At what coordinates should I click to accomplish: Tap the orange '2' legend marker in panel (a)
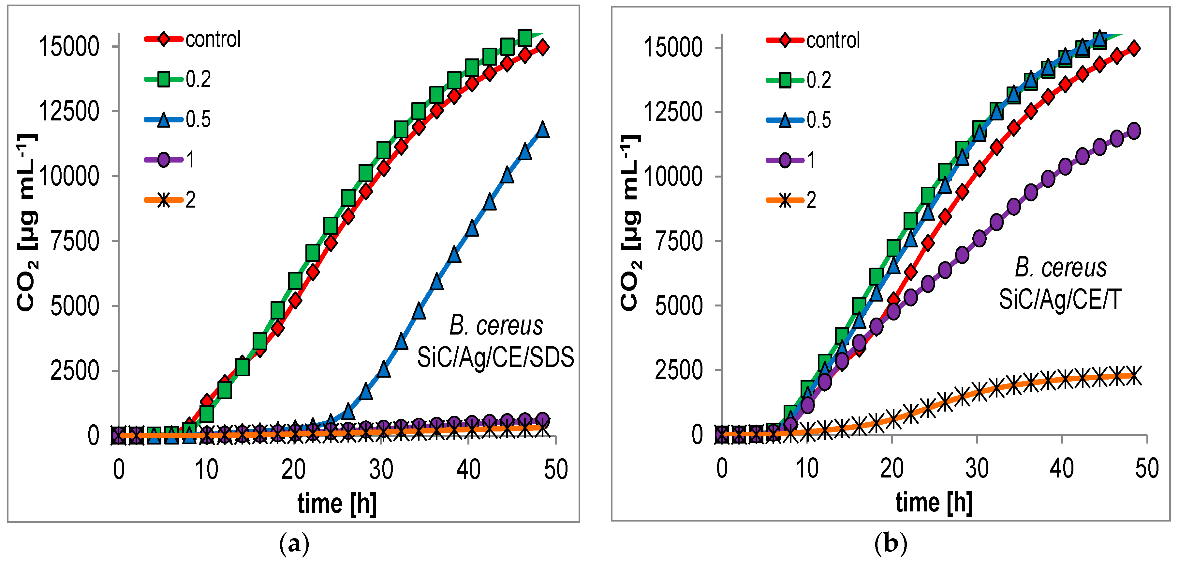pyautogui.click(x=164, y=200)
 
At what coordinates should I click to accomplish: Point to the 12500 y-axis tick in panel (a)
pyautogui.click(x=69, y=111)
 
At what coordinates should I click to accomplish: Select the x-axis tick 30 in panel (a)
pyautogui.click(x=381, y=469)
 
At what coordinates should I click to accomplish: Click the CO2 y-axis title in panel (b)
pyautogui.click(x=631, y=223)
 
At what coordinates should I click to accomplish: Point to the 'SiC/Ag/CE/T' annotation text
pyautogui.click(x=1060, y=300)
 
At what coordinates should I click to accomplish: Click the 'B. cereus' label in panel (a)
pyautogui.click(x=496, y=326)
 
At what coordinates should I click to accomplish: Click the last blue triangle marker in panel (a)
pyautogui.click(x=543, y=130)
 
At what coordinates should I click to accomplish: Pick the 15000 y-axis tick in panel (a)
pyautogui.click(x=69, y=47)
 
